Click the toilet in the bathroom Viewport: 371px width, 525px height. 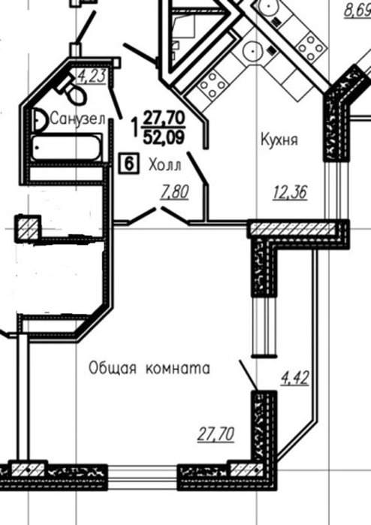[73, 89]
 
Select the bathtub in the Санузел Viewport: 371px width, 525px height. [67, 148]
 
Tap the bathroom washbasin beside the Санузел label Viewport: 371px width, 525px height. [41, 119]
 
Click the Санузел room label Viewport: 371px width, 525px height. [77, 119]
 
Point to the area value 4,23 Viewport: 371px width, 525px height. [92, 76]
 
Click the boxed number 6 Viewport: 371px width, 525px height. [129, 163]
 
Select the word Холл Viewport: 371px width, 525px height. [164, 165]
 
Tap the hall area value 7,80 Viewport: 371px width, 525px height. [175, 192]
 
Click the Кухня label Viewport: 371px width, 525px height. [279, 139]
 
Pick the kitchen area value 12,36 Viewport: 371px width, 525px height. [291, 193]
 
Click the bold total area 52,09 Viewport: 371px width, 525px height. [164, 137]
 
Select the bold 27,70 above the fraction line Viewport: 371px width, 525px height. [164, 118]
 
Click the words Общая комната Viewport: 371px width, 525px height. [149, 368]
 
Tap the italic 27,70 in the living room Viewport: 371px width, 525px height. [216, 435]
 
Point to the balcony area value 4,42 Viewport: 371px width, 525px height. [294, 378]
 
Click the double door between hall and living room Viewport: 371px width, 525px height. [158, 216]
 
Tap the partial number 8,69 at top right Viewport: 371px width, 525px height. [357, 10]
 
